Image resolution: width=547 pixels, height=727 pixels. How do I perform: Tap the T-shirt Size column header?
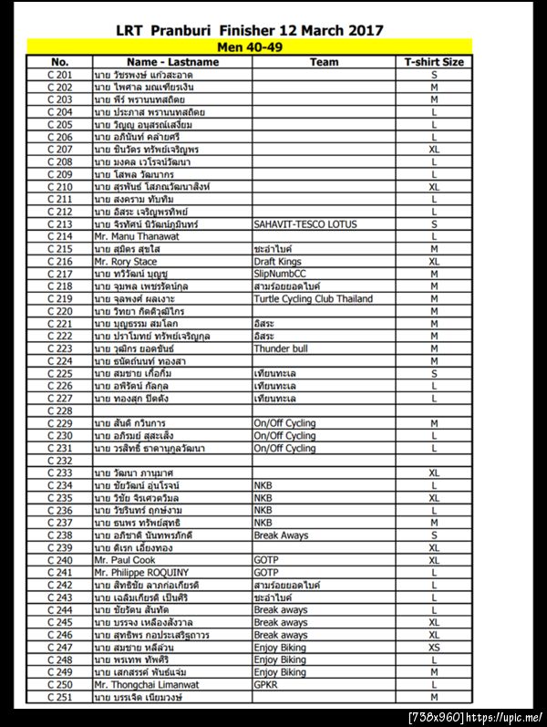pos(434,62)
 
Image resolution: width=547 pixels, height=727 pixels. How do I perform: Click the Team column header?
pos(324,62)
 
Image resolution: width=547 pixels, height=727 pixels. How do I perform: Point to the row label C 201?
pos(59,75)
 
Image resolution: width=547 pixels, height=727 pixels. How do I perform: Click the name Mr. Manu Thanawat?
pos(136,236)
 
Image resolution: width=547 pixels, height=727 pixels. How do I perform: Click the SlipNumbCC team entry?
pos(281,274)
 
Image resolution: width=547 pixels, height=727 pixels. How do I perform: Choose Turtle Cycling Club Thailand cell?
pos(313,298)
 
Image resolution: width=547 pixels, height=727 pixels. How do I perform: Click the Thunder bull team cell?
pos(280,348)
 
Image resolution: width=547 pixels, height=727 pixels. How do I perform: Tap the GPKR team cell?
pos(266,684)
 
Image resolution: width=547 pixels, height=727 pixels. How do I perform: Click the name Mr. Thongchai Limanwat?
pos(146,684)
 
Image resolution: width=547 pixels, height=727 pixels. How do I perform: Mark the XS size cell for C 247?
pos(434,647)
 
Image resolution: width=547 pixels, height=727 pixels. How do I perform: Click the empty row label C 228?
pos(59,410)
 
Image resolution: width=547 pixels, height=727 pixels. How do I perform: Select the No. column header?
pos(59,62)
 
